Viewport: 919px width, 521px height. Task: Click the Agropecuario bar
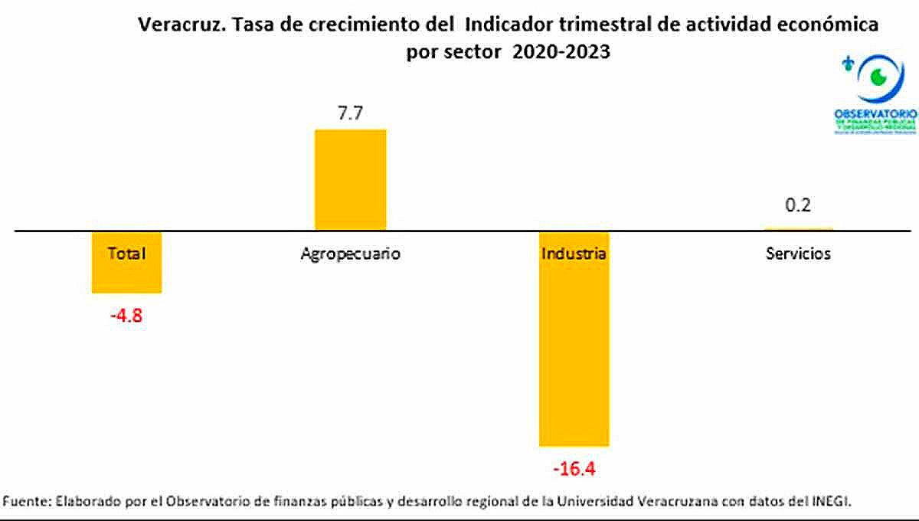(350, 179)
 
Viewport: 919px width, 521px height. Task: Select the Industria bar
(574, 352)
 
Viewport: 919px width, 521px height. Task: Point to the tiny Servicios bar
(798, 229)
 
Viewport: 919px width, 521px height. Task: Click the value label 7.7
(349, 113)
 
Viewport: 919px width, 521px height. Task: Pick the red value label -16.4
(574, 467)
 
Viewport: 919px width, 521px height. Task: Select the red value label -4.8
(126, 314)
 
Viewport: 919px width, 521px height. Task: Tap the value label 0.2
(798, 205)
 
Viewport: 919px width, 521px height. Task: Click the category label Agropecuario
(350, 254)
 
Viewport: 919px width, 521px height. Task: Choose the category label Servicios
(798, 254)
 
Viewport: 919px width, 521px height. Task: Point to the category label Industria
(574, 254)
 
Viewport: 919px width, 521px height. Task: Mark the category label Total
(126, 254)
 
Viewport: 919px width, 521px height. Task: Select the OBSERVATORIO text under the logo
(875, 113)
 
